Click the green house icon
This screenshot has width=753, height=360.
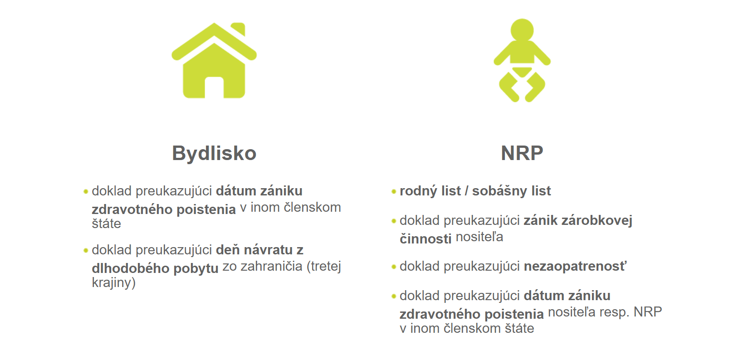pos(214,60)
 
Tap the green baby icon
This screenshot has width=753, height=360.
pos(522,60)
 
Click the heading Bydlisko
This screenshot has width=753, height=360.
pos(214,154)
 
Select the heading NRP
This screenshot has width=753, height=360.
pos(522,153)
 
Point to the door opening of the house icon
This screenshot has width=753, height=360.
pos(214,88)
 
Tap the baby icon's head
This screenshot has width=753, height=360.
pos(522,30)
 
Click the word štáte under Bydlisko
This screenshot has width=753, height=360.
pos(106,224)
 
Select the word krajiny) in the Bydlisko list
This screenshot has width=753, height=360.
pos(113,282)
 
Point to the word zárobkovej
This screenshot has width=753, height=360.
pos(597,220)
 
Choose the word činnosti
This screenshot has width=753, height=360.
pos(425,239)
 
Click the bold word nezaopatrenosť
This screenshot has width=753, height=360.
pos(576,266)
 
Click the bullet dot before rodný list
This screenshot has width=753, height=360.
pos(394,192)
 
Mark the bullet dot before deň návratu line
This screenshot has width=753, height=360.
pos(86,251)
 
